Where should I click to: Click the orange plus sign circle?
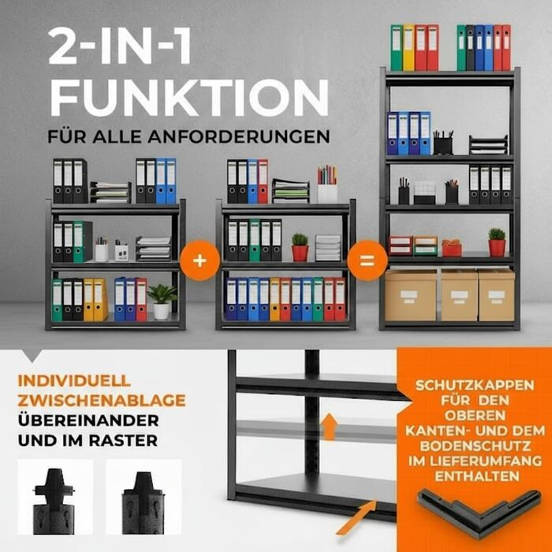point(200,260)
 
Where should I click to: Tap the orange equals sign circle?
point(367,260)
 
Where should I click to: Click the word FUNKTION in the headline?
point(189,98)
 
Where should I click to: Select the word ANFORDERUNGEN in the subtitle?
point(239,136)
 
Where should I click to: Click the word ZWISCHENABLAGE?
point(102,401)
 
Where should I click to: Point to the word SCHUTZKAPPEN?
point(475,385)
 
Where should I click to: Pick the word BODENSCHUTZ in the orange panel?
point(476,446)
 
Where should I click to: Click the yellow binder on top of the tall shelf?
point(408,47)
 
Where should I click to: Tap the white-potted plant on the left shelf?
point(162,302)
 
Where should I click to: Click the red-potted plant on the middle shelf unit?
point(300,247)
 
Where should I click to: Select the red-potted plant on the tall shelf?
point(497,242)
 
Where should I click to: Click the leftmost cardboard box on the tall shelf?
point(411,295)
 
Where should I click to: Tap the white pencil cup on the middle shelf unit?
point(327,184)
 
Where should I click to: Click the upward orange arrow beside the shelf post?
point(329,427)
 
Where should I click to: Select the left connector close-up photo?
point(55,497)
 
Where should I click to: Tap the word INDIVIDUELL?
point(74,381)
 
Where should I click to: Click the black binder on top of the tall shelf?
point(470,47)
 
